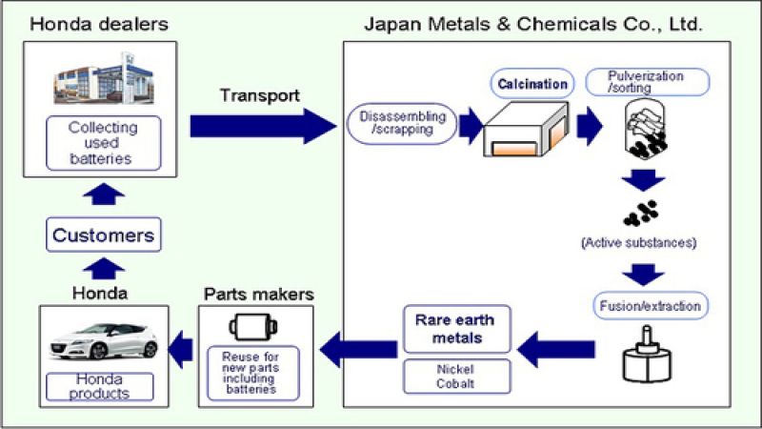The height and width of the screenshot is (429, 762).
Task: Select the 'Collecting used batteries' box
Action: (103, 143)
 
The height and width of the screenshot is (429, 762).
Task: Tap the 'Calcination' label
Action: (533, 85)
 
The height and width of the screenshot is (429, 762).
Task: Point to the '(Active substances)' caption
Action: (637, 243)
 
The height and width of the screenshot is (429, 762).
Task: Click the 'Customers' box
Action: (103, 235)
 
